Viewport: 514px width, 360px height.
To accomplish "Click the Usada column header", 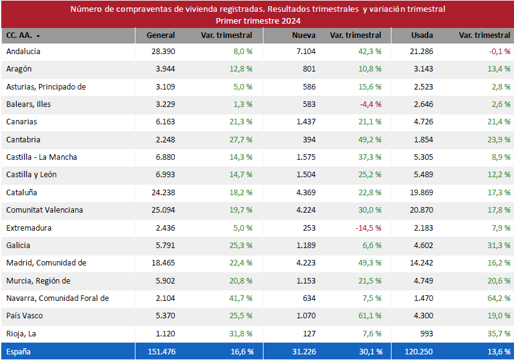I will click(422, 35).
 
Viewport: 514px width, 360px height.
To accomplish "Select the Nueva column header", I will click(303, 35).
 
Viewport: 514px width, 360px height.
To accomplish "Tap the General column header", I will click(160, 35).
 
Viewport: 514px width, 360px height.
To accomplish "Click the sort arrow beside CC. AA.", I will click(38, 36).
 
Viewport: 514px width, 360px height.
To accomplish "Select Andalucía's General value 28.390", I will click(163, 52).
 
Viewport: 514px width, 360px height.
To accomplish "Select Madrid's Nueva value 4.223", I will click(305, 263).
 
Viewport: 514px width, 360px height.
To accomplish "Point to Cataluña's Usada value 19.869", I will click(419, 193).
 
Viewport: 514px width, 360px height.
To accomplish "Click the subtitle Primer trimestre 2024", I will click(258, 21).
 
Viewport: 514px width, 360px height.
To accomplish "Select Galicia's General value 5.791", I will click(165, 246).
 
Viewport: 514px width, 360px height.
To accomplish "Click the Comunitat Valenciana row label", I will click(45, 210).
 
